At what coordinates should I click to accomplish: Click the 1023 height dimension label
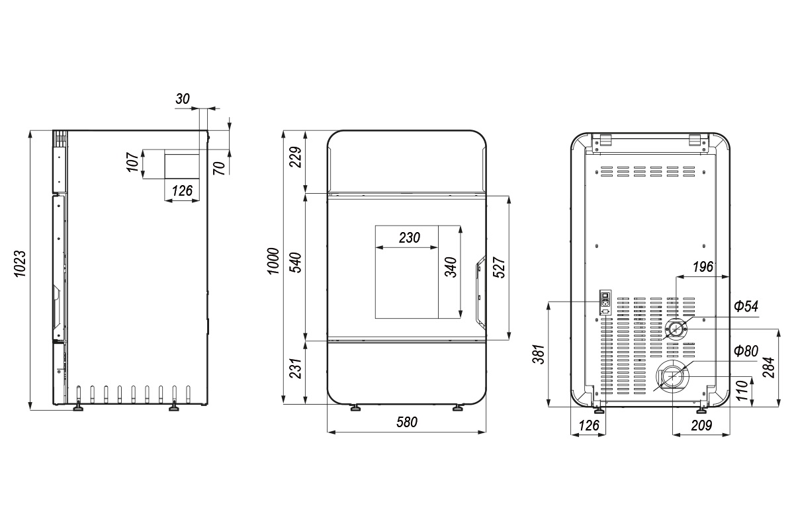coord(21,264)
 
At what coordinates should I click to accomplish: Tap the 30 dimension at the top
coord(183,99)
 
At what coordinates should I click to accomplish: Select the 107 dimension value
coord(133,162)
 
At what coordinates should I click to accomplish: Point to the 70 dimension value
coord(220,168)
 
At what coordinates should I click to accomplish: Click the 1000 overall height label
coord(273,261)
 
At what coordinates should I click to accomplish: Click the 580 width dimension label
coord(407,422)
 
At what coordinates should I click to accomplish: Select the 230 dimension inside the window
coord(410,238)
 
